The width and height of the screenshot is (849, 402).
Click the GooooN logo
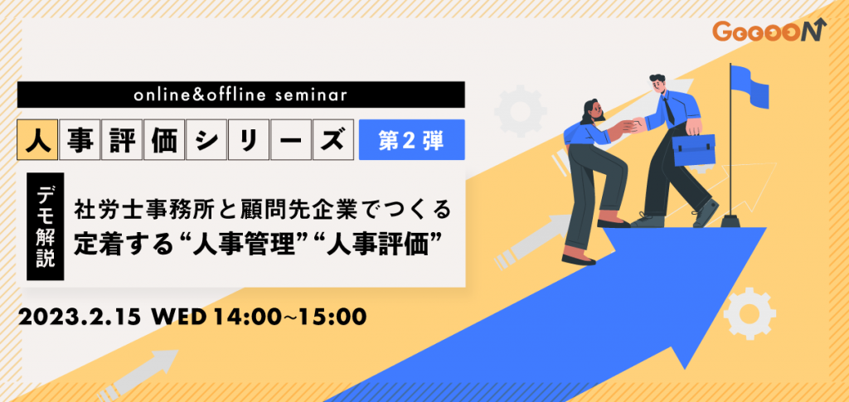(769, 31)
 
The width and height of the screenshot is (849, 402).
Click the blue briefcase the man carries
(694, 147)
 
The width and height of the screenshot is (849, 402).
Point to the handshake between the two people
(633, 125)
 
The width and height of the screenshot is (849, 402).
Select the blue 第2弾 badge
(411, 139)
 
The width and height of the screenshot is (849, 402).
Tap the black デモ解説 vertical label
(46, 226)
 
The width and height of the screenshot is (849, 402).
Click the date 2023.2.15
(80, 317)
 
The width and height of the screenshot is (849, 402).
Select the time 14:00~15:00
(289, 317)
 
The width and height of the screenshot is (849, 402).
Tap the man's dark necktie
(669, 108)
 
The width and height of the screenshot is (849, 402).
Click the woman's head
(591, 111)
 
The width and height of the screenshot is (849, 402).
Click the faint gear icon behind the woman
(520, 110)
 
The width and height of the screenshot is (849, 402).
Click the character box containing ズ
(334, 139)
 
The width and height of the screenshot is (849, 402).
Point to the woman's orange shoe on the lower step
(578, 258)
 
